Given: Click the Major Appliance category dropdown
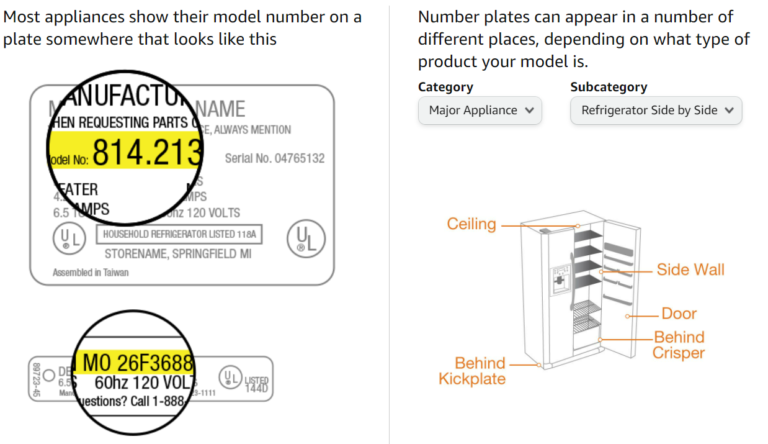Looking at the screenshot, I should click(479, 110).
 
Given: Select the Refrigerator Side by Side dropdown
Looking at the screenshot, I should click(655, 110).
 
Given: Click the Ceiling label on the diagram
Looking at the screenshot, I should click(471, 224).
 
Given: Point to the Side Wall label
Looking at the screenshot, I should click(690, 270).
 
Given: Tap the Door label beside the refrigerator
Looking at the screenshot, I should click(679, 314).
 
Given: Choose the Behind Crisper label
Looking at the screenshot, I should click(679, 345).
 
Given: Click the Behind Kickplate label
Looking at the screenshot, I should click(472, 370).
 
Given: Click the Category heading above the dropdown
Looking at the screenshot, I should click(446, 87).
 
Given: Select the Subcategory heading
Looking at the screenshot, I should click(609, 87).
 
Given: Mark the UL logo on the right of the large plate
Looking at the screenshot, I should click(305, 239).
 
